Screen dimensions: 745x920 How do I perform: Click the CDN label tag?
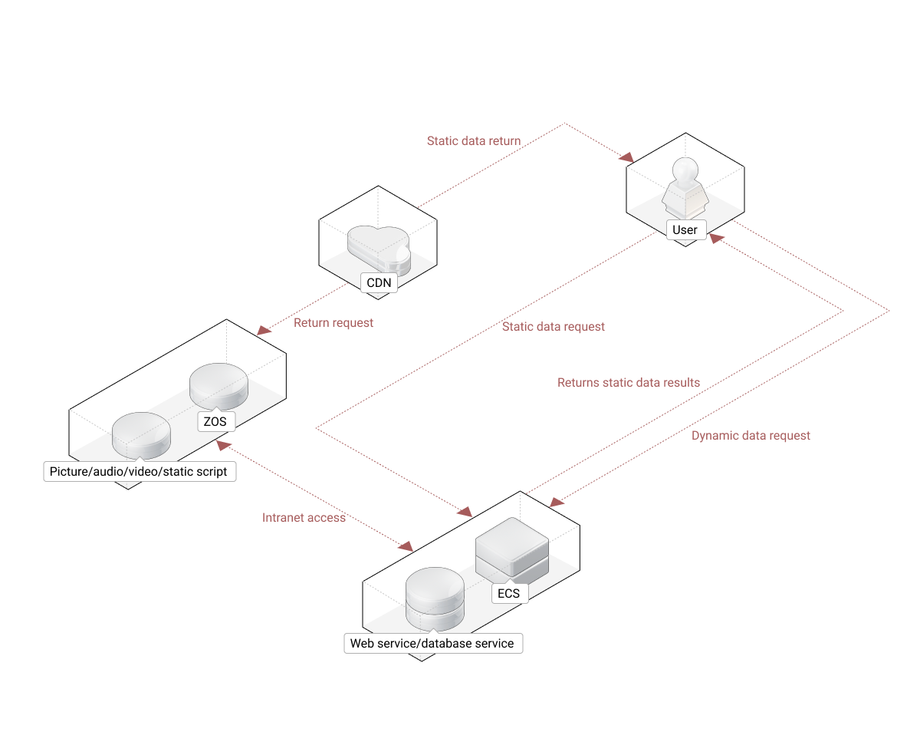pos(379,282)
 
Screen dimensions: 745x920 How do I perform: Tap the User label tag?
pos(685,229)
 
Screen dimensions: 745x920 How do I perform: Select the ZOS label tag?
pos(215,420)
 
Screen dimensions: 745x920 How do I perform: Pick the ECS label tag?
pos(508,593)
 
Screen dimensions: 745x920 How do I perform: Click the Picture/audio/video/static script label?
pos(139,471)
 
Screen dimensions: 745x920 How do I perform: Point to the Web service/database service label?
pos(432,643)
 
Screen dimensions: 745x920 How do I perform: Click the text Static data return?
pos(474,141)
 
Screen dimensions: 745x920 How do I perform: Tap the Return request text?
pos(333,323)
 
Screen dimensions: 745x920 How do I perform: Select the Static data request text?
pos(554,327)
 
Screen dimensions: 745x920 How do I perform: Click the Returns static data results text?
pos(629,382)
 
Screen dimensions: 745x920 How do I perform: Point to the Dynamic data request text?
pos(751,436)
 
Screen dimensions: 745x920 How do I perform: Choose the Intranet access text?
pos(304,518)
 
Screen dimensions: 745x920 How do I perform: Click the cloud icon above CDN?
pos(379,247)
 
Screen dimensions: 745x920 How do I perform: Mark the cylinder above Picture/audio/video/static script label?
pos(141,435)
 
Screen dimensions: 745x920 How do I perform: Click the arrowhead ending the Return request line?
pos(263,330)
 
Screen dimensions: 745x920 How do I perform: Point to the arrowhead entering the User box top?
pos(627,158)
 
